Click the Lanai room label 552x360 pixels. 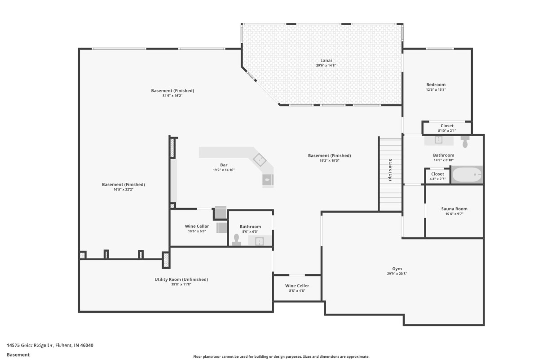pyautogui.click(x=326, y=60)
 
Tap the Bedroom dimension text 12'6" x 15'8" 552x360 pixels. pyautogui.click(x=436, y=89)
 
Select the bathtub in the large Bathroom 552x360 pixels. pyautogui.click(x=467, y=175)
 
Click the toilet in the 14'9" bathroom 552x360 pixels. pyautogui.click(x=465, y=142)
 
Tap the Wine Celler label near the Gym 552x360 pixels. pyautogui.click(x=297, y=286)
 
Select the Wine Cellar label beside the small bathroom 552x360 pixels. pyautogui.click(x=197, y=226)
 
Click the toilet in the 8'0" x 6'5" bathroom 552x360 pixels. pyautogui.click(x=236, y=240)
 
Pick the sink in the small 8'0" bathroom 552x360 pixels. pyautogui.click(x=260, y=241)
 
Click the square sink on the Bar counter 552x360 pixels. pyautogui.click(x=259, y=159)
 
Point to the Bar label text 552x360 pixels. pyautogui.click(x=223, y=165)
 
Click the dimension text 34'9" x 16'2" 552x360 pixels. pyautogui.click(x=172, y=95)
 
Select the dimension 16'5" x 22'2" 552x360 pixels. pyautogui.click(x=124, y=189)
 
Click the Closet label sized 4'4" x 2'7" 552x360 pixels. pyautogui.click(x=437, y=174)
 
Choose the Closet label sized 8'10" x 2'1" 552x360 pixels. pyautogui.click(x=447, y=126)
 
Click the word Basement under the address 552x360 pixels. pyautogui.click(x=18, y=355)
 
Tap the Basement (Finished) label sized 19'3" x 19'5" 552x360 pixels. pyautogui.click(x=329, y=156)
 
